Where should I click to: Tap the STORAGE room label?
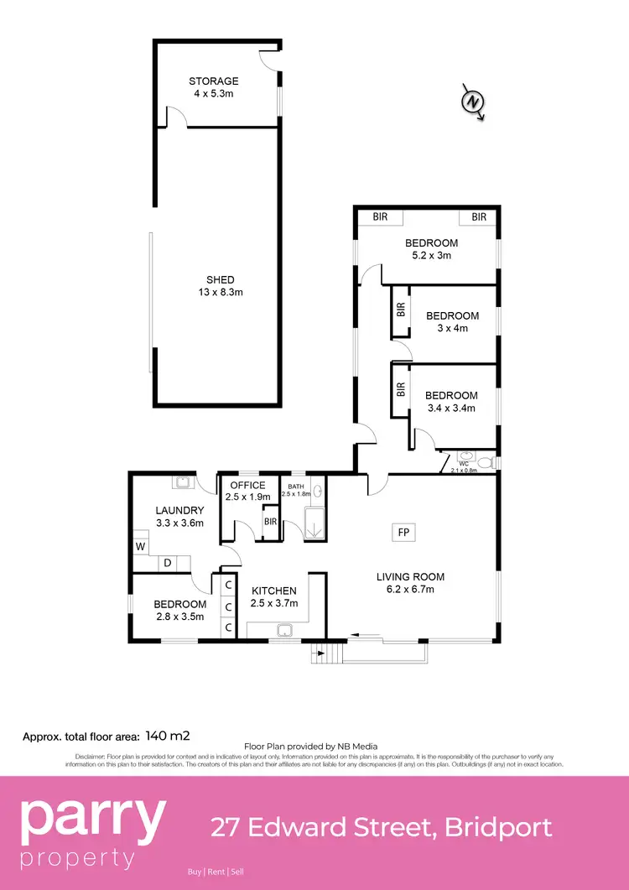point(213,81)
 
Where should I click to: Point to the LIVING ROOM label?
point(410,576)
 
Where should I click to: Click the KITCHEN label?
point(275,591)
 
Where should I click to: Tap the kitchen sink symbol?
point(284,631)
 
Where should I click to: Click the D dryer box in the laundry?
point(167,563)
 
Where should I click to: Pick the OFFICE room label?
point(247,485)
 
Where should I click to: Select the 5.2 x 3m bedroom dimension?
point(431,255)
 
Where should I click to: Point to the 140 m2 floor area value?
point(168,736)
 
